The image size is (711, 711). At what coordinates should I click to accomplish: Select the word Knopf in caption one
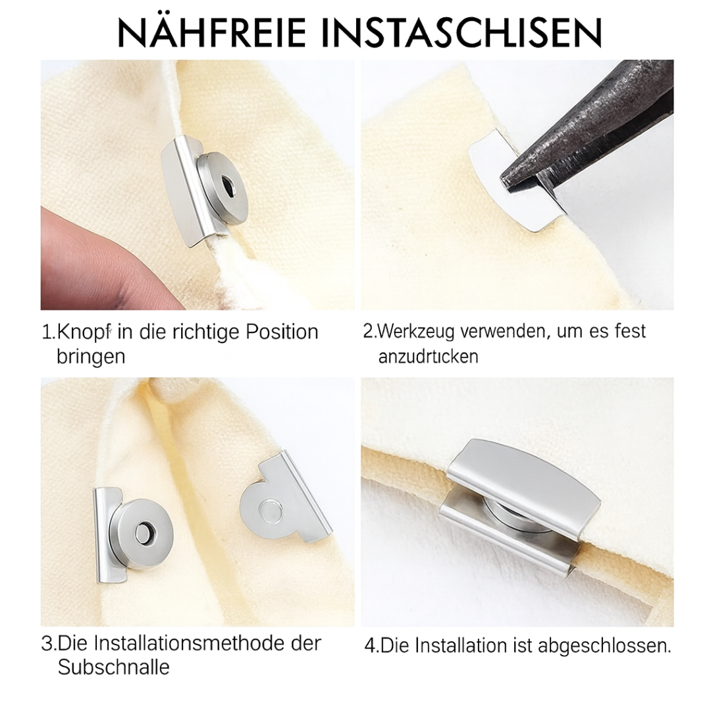pos(84,331)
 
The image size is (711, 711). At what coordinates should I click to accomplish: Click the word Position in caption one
pos(282,331)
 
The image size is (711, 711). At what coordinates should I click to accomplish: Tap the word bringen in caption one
pos(90,356)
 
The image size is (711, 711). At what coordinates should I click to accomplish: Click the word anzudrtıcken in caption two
pos(429,356)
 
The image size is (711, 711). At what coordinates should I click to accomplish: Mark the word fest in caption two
pos(630,330)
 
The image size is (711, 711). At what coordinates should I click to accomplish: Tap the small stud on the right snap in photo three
pos(269,509)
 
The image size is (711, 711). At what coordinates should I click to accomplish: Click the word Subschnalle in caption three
pos(113,667)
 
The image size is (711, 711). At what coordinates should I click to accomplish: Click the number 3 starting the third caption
pos(46,643)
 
